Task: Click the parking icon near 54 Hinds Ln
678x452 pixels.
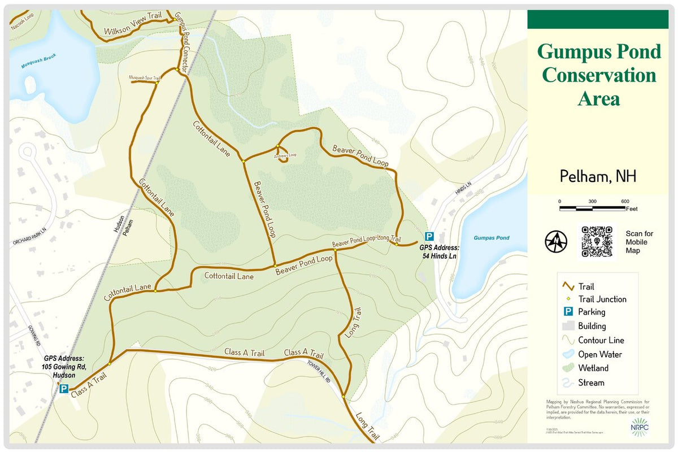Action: point(429,237)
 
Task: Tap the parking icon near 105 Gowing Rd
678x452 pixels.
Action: point(64,389)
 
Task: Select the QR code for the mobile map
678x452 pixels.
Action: point(597,241)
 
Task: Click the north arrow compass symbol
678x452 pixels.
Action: point(556,242)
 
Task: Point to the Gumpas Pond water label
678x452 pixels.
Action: point(491,238)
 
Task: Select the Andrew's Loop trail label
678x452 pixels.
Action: point(286,154)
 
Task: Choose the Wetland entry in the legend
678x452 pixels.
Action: point(593,368)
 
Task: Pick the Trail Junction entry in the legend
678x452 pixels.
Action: point(601,299)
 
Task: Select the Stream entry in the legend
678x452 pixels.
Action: point(590,383)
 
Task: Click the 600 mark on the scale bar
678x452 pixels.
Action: point(625,202)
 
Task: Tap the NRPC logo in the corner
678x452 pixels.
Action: point(640,427)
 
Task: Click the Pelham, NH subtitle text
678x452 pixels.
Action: point(598,176)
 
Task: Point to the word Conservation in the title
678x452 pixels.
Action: point(599,75)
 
